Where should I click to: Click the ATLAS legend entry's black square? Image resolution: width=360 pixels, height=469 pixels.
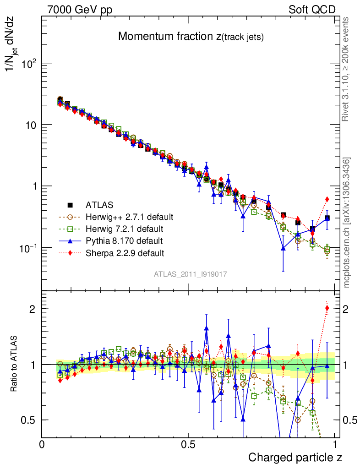tap(70, 205)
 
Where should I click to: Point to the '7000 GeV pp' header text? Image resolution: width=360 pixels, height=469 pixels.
tap(80, 10)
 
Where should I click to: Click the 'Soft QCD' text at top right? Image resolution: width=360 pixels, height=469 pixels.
tap(312, 10)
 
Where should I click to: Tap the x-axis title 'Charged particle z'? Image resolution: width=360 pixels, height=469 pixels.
tap(295, 457)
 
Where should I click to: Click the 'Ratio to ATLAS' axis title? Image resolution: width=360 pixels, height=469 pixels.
tap(15, 364)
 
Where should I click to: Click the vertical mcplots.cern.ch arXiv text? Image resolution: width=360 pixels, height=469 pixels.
tap(348, 223)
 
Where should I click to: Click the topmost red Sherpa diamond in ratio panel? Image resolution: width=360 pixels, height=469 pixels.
tap(327, 308)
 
